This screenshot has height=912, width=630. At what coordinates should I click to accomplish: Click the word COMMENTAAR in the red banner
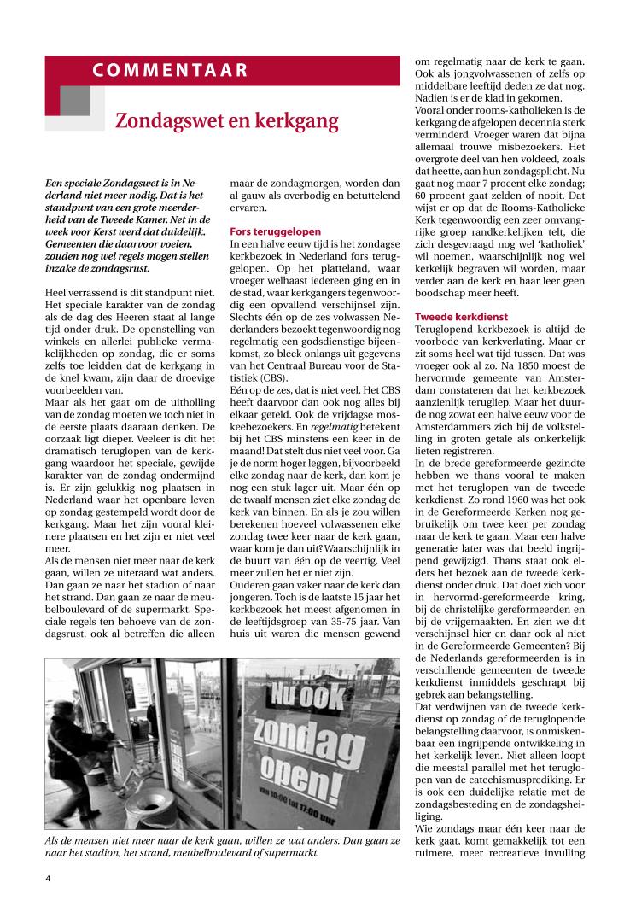pyautogui.click(x=171, y=70)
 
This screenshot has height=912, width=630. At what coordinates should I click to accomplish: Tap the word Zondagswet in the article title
pyautogui.click(x=162, y=120)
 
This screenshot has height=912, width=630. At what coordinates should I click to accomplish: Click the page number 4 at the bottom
pyautogui.click(x=49, y=877)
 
